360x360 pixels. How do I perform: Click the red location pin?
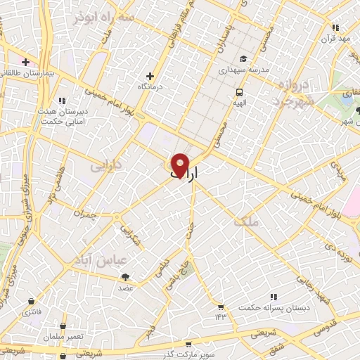pos(180,165)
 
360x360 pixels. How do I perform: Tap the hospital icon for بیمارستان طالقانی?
pos(26,63)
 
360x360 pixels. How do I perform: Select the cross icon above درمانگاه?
pos(149,76)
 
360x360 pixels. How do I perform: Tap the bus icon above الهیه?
pos(240,91)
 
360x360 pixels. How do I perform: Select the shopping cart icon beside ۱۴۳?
pos(221,307)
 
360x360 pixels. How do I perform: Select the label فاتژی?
pos(32,310)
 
